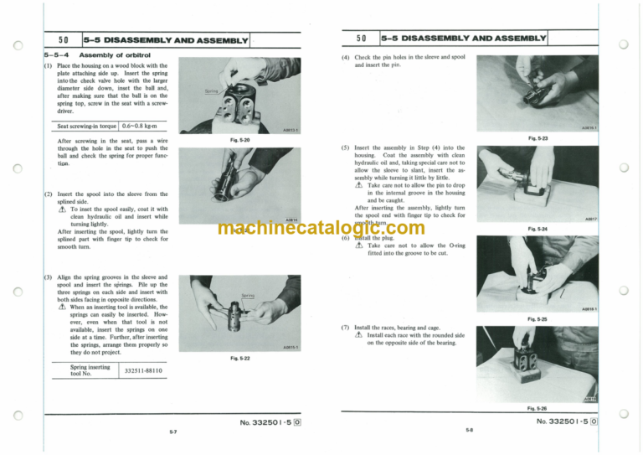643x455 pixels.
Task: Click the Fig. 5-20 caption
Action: point(239,140)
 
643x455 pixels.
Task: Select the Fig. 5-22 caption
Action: point(239,358)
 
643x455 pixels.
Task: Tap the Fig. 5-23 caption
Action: point(538,137)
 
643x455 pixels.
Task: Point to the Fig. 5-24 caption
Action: point(538,228)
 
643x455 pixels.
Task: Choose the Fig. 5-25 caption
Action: point(538,318)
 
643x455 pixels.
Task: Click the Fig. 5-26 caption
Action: point(538,408)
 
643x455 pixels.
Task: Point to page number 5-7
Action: point(172,432)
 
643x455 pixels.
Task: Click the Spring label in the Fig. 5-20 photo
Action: point(212,90)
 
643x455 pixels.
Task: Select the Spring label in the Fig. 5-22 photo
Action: point(248,295)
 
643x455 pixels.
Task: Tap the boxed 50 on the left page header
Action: point(63,39)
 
